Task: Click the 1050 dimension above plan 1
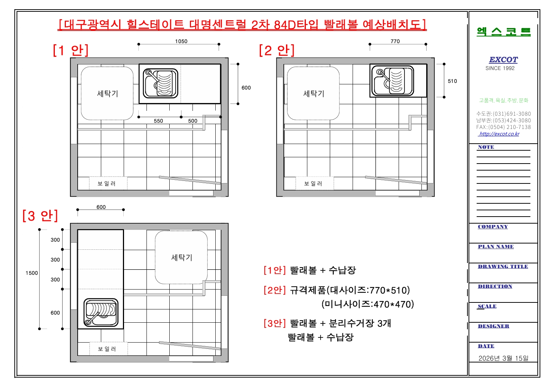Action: point(181,41)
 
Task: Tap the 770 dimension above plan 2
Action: point(395,41)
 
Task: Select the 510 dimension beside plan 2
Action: point(452,81)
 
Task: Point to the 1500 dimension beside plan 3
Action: point(32,273)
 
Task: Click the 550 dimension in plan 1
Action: point(158,120)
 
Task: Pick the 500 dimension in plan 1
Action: point(193,120)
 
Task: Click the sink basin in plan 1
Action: point(160,84)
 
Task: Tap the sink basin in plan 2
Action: point(393,81)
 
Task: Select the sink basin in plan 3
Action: point(101,313)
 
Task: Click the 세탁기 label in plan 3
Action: point(181,257)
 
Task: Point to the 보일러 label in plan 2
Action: point(313,183)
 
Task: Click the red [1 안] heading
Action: point(71,50)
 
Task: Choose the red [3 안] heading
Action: point(40,215)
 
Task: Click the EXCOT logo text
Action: point(503,60)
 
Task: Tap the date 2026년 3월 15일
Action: point(503,358)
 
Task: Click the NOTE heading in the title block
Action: point(486,147)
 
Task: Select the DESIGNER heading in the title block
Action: point(494,326)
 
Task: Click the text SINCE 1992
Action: point(500,68)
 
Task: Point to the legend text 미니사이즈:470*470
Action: point(368,304)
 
